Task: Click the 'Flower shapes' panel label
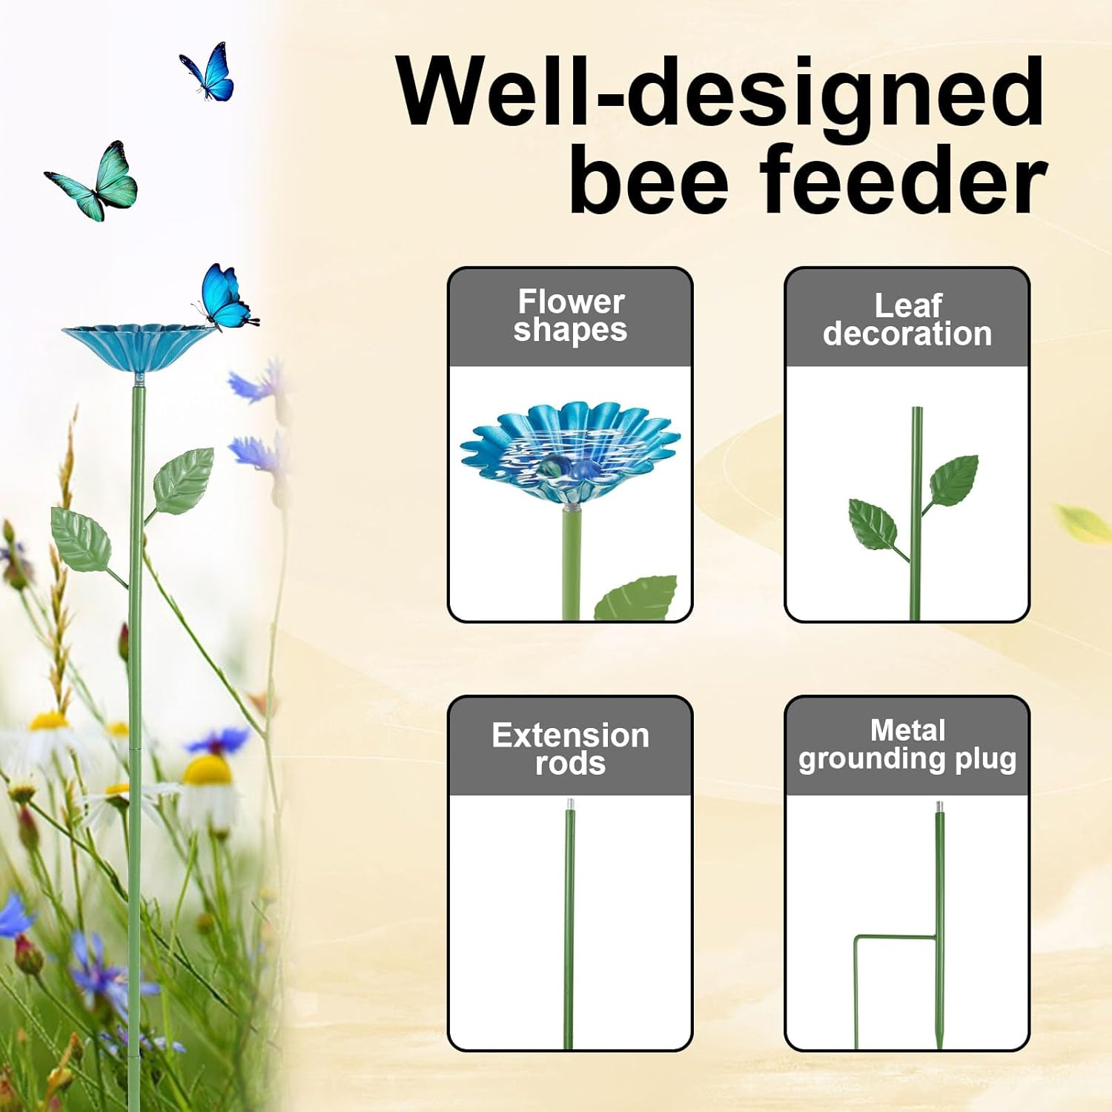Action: (570, 316)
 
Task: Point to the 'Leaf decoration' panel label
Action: (907, 320)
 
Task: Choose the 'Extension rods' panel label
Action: (570, 749)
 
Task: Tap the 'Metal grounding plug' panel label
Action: (907, 744)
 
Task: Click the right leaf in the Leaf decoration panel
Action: (954, 480)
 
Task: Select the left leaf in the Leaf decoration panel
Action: (873, 523)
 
